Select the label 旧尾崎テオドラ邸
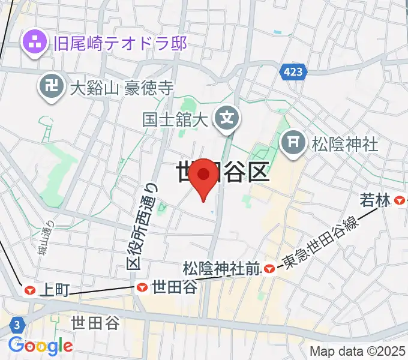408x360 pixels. point(119,43)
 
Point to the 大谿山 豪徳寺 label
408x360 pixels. point(121,89)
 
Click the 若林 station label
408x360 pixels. point(376,201)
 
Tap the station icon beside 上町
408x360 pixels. point(29,290)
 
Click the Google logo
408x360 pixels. point(40,346)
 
